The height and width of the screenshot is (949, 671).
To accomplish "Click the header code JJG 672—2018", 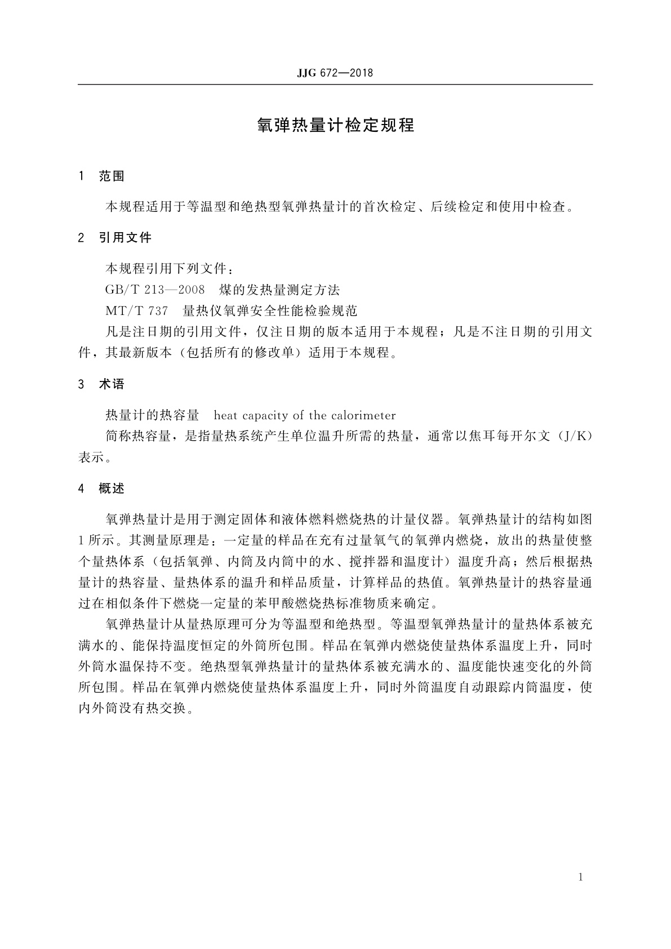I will pos(335,73).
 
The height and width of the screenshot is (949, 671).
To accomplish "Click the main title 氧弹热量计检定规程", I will pos(335,125).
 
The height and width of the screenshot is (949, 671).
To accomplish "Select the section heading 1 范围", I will pos(102,176).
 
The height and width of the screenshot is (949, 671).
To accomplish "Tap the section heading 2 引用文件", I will pos(115,238).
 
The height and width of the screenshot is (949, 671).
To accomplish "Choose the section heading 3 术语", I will pos(102,384).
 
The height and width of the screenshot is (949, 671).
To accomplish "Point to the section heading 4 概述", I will pos(102,489).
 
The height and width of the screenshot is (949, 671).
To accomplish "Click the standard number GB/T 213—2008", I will pos(155,290).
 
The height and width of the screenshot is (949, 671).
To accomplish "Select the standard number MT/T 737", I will pos(136,311).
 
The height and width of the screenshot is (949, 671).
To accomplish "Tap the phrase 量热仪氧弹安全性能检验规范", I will pos(270,311).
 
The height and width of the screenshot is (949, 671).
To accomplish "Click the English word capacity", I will pos(264,416).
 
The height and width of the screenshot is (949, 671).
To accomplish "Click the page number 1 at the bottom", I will pos(581,877).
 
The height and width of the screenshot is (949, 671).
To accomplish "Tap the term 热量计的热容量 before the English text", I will pos(153,416).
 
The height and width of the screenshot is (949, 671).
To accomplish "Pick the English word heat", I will pos(226,416).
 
